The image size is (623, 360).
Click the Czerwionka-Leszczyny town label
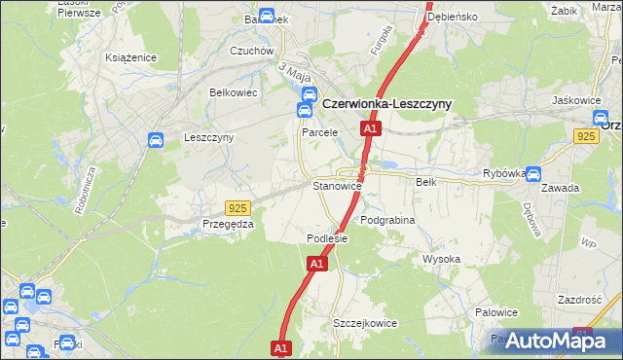(386, 102)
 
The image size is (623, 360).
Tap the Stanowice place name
(337, 185)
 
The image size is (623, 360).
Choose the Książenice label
(131, 57)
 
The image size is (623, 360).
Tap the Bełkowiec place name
(233, 92)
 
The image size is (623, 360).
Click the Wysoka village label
(441, 259)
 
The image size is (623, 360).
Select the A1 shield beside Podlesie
(317, 264)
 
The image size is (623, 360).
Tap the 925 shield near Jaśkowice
(586, 138)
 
